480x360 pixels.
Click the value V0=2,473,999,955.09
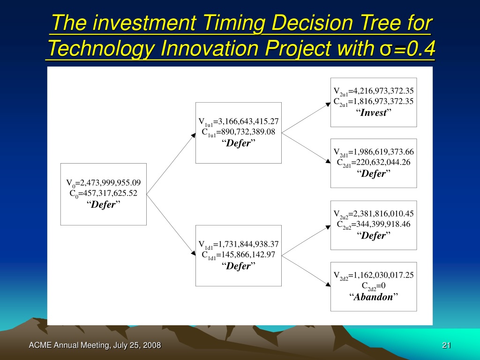104,183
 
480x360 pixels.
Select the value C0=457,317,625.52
104,194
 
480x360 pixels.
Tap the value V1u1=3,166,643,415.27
239,122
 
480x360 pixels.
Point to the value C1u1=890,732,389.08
239,132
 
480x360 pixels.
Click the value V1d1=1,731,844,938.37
239,245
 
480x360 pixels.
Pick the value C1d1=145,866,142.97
239,255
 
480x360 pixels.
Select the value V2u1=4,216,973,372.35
374,91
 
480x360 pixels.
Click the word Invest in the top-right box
374,112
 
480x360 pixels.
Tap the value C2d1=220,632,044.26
374,163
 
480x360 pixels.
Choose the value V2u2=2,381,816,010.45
374,214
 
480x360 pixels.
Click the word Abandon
374,297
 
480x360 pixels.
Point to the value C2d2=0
374,286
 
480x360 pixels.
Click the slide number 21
446,345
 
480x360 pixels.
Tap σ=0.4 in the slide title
407,48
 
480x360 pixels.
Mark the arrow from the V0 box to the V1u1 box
171,164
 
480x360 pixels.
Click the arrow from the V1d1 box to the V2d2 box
306,271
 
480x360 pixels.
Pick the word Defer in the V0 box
104,204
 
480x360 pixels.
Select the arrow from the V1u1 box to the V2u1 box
306,118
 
